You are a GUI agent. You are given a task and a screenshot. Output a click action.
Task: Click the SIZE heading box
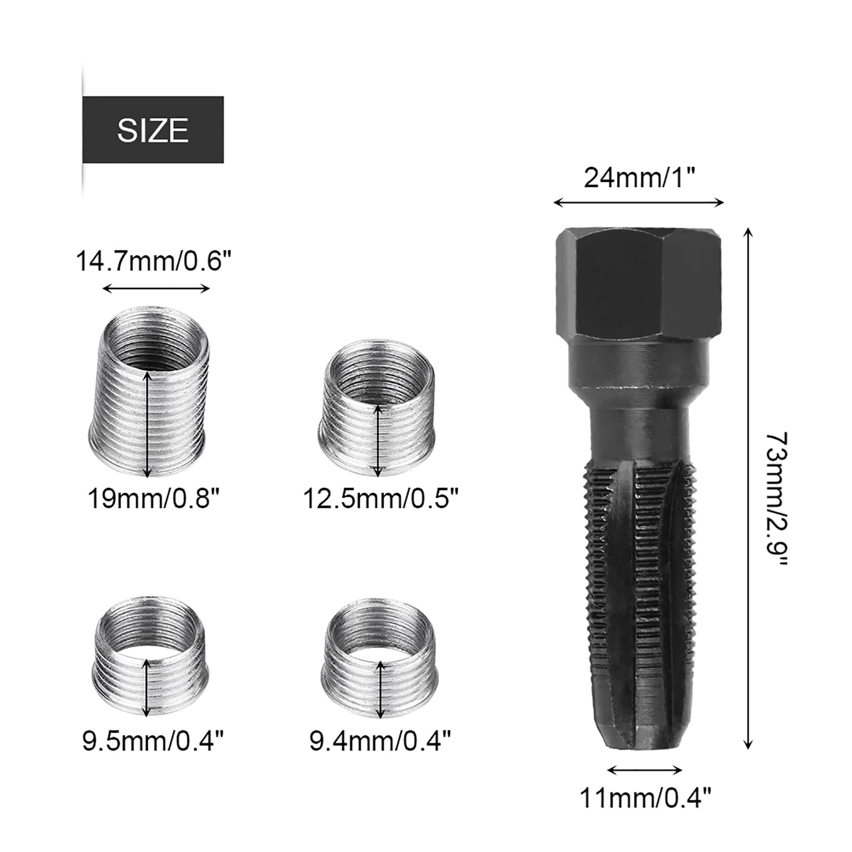click(153, 130)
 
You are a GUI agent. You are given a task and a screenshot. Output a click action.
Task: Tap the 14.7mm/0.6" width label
click(154, 261)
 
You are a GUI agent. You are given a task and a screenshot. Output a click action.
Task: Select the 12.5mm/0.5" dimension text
click(380, 499)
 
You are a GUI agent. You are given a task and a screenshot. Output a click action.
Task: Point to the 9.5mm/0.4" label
click(153, 740)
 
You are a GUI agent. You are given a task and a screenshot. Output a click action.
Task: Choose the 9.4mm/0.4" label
click(380, 740)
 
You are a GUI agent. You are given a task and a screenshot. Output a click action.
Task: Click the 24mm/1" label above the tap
click(640, 178)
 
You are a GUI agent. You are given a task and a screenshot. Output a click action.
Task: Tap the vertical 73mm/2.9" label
click(776, 500)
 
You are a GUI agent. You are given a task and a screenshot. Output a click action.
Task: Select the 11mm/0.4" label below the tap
click(645, 798)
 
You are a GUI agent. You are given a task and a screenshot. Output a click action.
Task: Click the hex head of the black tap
click(639, 284)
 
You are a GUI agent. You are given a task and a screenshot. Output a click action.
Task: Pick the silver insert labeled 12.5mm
click(376, 407)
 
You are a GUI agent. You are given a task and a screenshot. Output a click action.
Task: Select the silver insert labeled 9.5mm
click(149, 657)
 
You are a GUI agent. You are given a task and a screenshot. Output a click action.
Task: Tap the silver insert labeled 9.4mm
click(379, 660)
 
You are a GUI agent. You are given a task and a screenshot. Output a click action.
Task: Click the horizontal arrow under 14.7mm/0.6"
click(156, 289)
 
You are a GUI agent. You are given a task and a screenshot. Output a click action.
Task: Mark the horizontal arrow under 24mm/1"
click(639, 202)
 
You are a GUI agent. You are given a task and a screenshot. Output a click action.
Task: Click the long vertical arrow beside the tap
click(748, 488)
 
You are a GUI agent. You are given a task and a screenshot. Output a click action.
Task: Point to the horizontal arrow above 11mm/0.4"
click(644, 770)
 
